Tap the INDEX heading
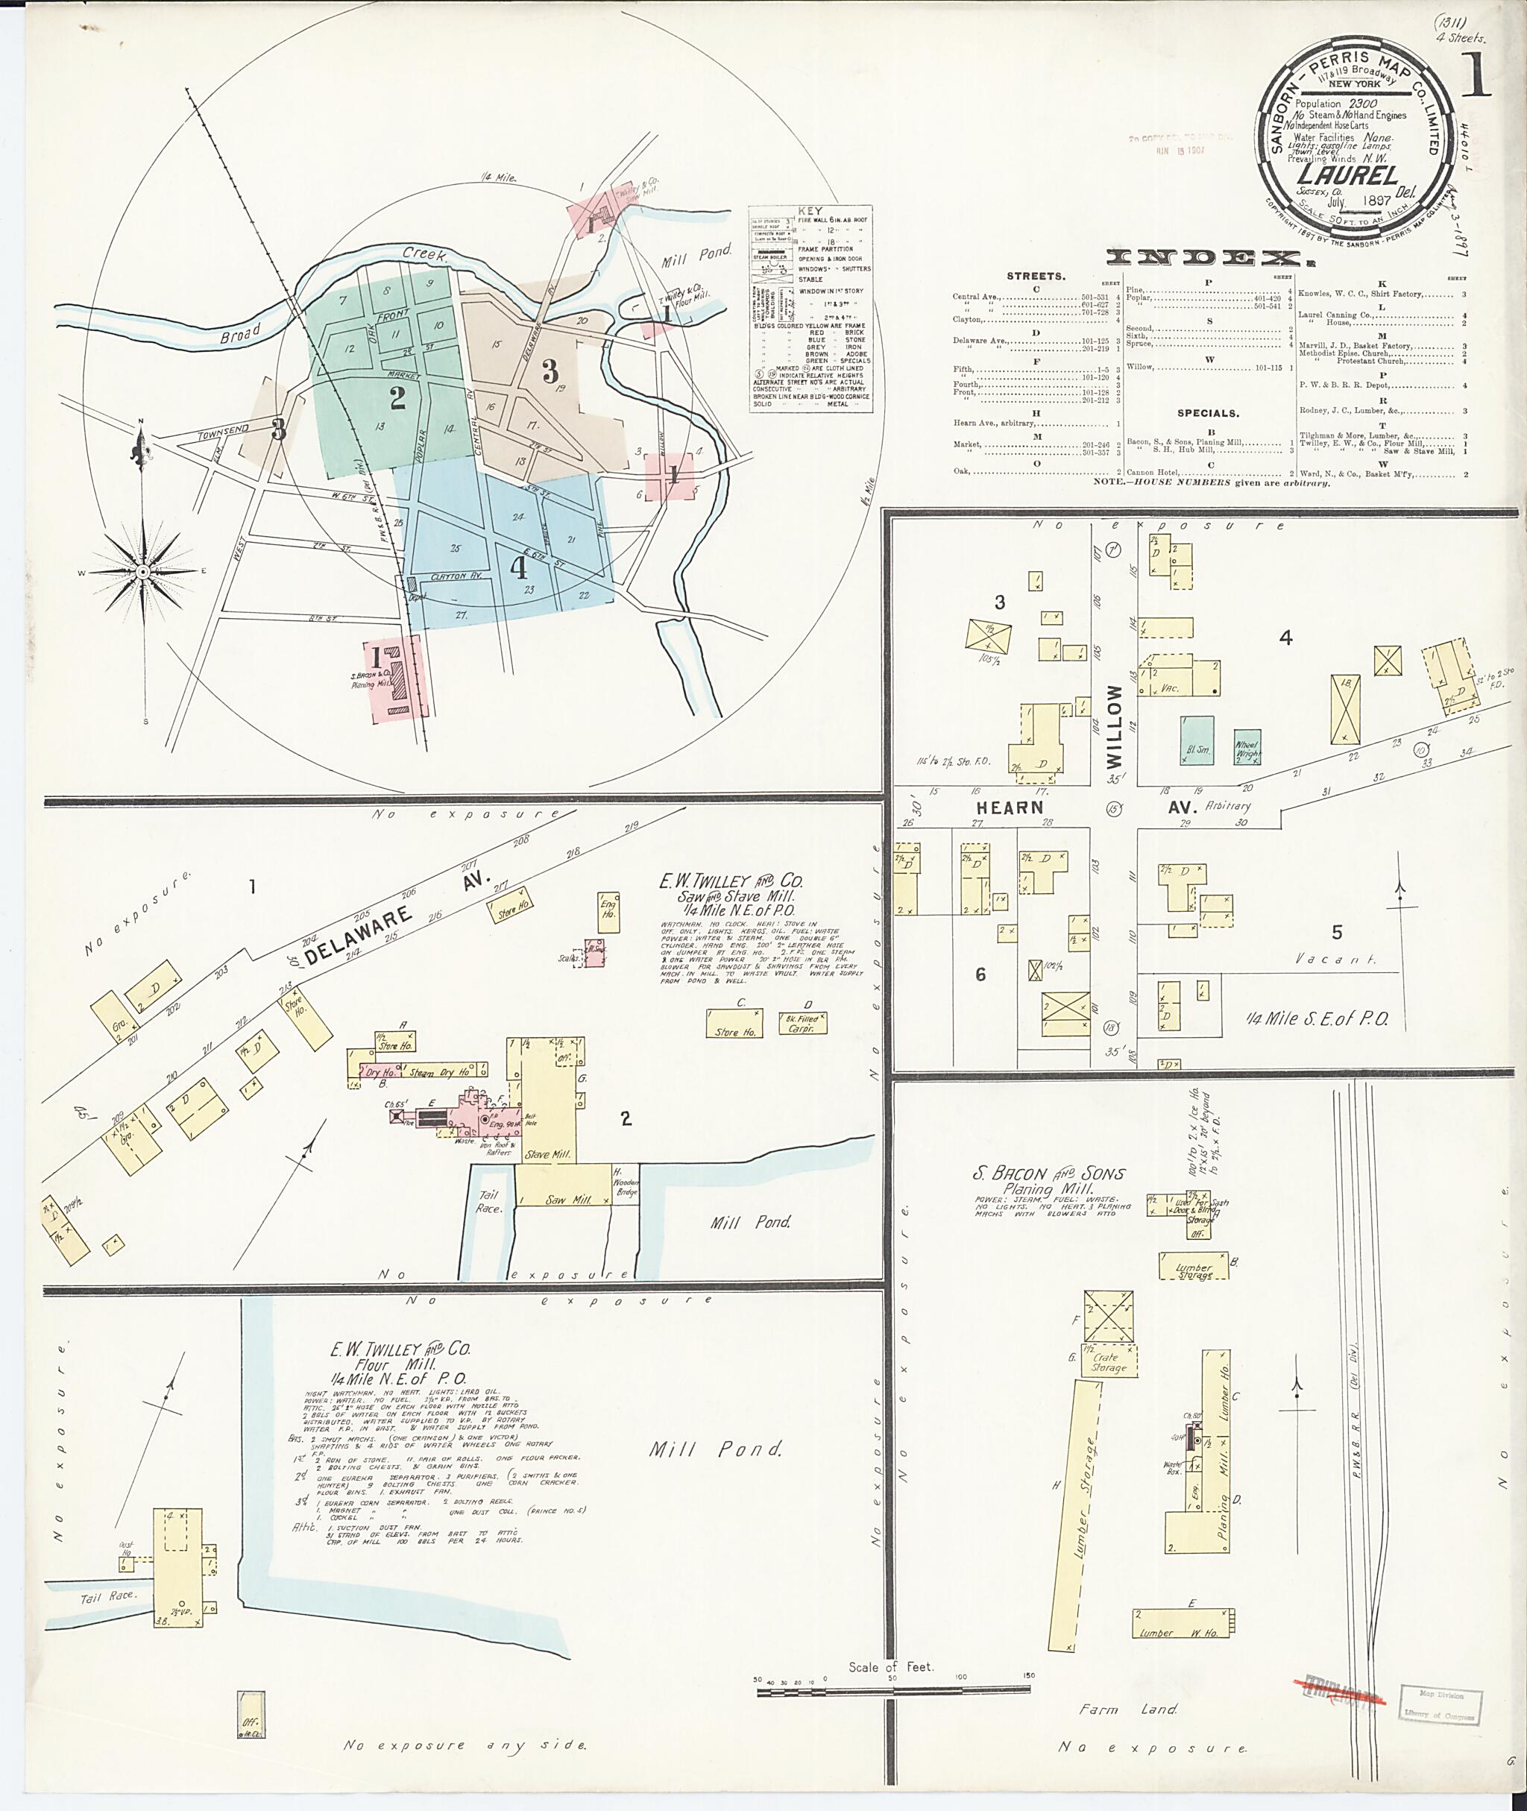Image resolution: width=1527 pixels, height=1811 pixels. tap(1209, 257)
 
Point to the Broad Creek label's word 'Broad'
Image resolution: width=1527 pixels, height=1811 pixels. tap(240, 333)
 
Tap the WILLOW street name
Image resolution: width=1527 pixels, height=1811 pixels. tap(1114, 725)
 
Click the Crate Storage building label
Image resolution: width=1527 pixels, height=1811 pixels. tap(1109, 1361)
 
